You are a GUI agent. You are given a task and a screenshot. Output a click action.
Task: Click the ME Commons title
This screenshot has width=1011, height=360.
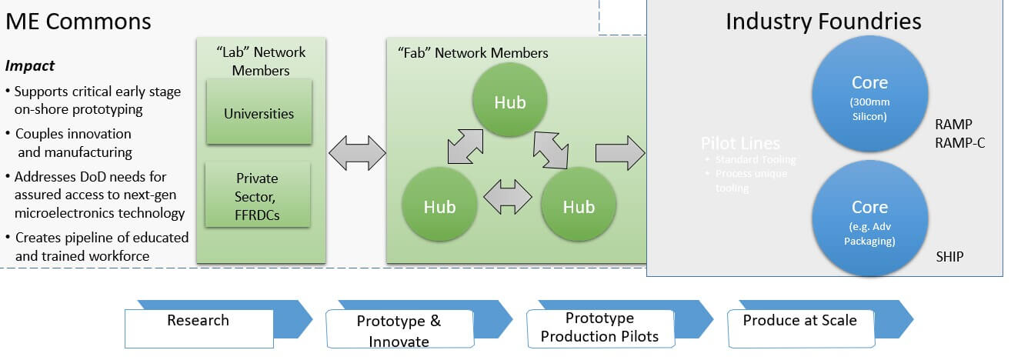78,21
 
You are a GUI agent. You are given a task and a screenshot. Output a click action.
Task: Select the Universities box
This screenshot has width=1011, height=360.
259,114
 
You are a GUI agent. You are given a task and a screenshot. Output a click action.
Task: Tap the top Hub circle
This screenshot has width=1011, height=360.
509,102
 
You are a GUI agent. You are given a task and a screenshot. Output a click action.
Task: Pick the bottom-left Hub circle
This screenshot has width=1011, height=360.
440,206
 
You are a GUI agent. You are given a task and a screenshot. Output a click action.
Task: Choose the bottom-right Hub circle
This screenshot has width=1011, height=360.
578,206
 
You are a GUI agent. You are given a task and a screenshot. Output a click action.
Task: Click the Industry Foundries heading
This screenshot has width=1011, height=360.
823,21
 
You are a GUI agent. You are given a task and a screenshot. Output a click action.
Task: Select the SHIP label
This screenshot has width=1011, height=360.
948,255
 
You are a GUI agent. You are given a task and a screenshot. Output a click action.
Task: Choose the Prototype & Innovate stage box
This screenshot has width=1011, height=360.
399,329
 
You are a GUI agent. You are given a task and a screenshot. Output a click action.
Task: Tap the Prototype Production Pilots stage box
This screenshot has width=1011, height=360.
599,327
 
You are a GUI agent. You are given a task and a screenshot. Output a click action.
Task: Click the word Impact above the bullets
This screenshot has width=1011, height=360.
30,66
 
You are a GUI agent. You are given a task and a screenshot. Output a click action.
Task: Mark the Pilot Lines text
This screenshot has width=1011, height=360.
740,144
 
